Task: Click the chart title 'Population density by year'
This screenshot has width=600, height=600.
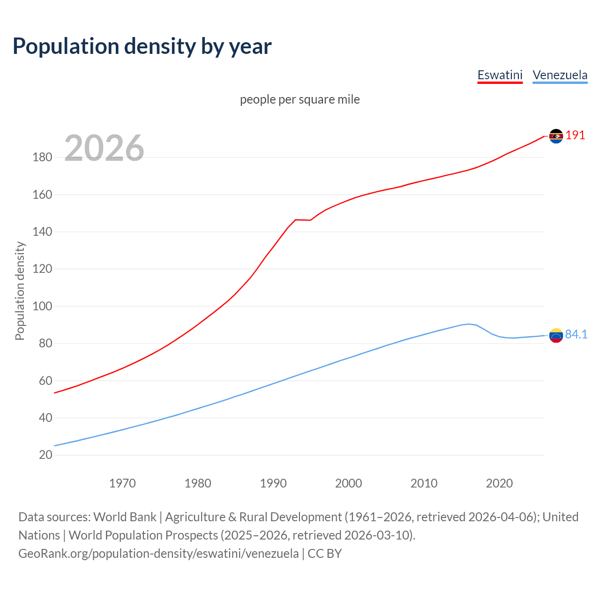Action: tap(142, 46)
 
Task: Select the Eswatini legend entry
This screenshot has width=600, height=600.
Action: tap(500, 75)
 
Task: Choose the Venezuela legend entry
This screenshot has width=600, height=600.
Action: tap(560, 75)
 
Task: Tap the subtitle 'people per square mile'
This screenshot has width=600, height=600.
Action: tap(300, 99)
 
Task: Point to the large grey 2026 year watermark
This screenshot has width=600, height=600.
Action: tap(104, 148)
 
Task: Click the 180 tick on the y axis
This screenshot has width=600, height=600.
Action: tap(42, 157)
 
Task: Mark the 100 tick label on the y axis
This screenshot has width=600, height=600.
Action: tap(42, 306)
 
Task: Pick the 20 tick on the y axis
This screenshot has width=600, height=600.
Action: tap(45, 455)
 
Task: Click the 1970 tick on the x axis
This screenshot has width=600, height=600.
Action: tap(122, 483)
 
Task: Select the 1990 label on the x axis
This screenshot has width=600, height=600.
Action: tap(273, 483)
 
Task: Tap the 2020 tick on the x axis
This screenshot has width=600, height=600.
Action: tap(499, 483)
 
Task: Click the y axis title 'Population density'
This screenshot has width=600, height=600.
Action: tap(20, 291)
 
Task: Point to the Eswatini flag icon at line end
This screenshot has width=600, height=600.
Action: tap(556, 136)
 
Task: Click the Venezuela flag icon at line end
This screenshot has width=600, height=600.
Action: tap(556, 335)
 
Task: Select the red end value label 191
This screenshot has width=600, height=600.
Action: tap(575, 135)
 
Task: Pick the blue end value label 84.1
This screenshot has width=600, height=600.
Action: tap(576, 334)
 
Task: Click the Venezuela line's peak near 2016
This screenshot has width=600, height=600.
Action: tap(469, 324)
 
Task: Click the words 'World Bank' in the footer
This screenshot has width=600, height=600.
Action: tap(125, 517)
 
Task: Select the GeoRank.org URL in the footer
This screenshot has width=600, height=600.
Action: tap(158, 554)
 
